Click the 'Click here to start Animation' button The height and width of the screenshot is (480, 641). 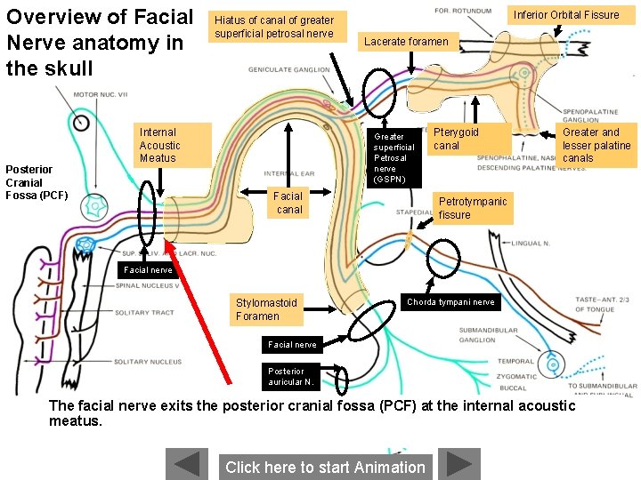[325, 467]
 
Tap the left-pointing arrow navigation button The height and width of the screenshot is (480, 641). [187, 465]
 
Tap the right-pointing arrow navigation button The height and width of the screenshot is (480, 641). [458, 465]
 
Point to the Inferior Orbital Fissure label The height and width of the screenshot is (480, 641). [565, 14]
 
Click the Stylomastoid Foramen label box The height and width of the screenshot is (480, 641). [268, 309]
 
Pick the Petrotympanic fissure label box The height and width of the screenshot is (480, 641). [474, 208]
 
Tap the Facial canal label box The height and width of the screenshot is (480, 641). [289, 203]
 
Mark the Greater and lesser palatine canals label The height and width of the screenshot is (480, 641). [596, 145]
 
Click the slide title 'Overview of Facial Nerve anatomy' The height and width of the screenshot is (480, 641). [100, 42]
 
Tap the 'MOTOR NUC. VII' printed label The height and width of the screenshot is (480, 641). [100, 94]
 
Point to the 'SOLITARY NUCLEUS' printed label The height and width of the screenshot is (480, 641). [147, 362]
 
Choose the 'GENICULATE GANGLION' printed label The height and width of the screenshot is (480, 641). [288, 69]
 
